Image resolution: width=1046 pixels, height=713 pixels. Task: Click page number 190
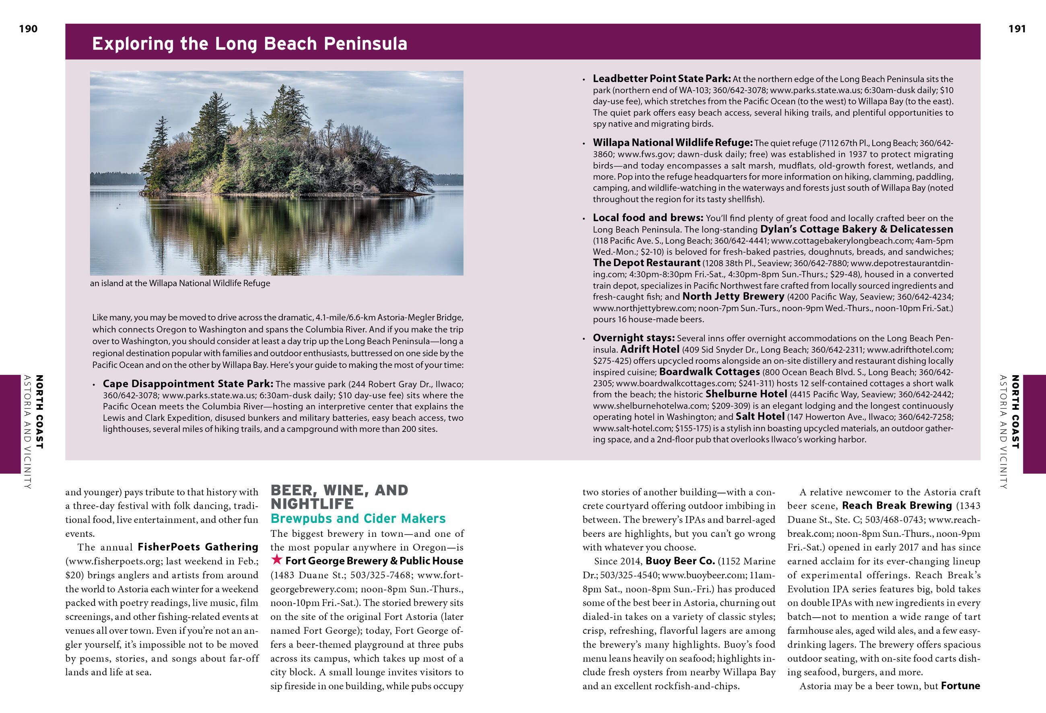28,29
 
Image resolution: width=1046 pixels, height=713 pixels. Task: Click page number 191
1017,29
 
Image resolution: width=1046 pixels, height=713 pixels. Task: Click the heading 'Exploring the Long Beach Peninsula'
249,44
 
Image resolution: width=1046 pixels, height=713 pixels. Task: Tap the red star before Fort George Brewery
277,560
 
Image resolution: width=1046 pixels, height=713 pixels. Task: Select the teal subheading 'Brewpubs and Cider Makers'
358,518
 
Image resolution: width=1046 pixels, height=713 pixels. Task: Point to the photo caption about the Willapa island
180,283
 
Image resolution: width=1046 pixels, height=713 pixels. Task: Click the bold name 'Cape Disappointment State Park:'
188,384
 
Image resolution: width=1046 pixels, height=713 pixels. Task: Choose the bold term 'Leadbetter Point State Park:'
661,79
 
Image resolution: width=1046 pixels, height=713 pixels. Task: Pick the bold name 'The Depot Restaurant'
647,263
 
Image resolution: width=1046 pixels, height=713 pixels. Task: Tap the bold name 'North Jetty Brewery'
733,296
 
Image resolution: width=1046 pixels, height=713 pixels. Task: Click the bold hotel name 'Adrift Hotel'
649,349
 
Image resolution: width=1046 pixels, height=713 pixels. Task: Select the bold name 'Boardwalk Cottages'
709,372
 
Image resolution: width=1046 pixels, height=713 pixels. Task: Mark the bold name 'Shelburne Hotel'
746,394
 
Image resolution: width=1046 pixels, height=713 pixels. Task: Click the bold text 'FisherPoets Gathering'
198,547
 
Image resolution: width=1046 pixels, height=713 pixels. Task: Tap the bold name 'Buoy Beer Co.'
680,561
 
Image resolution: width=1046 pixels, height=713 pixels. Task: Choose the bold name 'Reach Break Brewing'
897,505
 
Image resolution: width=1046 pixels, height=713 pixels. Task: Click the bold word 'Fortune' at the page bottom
960,686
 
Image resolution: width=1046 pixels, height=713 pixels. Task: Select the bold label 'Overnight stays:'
633,338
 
